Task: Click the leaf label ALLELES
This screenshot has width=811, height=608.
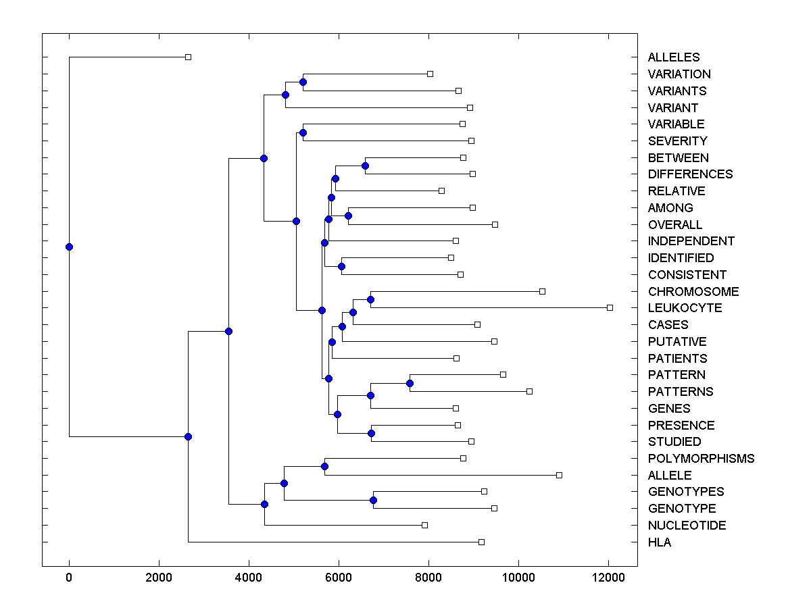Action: [x=674, y=57]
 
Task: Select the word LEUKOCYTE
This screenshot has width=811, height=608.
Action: [x=685, y=308]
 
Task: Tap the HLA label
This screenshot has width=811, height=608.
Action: [x=660, y=542]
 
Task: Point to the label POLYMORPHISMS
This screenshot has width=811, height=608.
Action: [x=701, y=459]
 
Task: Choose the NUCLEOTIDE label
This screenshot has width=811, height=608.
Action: [x=687, y=526]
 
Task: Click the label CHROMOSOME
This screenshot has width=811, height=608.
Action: [x=693, y=292]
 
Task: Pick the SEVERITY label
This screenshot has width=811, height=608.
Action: [x=677, y=141]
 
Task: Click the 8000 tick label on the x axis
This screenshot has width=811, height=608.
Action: [x=428, y=577]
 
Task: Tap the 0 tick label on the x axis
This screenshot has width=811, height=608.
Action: [x=69, y=577]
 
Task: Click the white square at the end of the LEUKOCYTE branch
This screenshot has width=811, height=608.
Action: [x=610, y=307]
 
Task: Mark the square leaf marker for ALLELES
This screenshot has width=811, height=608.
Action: [x=188, y=57]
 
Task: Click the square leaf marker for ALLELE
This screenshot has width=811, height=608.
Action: [x=559, y=475]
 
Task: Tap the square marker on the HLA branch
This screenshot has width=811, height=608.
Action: [x=481, y=542]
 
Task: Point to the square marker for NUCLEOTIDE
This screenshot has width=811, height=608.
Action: [x=424, y=525]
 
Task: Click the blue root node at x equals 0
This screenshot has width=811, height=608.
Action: [x=69, y=247]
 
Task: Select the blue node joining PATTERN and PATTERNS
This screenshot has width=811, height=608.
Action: [x=410, y=383]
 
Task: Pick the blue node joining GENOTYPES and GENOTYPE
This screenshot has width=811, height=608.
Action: [x=373, y=500]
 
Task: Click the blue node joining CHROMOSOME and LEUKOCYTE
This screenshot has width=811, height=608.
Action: [x=370, y=299]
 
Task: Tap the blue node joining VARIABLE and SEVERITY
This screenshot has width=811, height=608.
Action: [x=303, y=132]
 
